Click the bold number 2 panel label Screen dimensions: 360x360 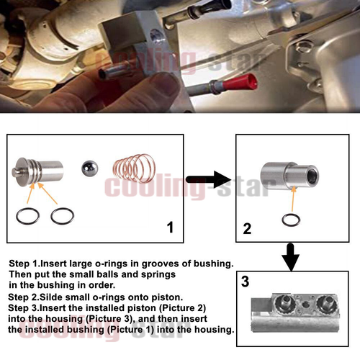[x=247, y=230]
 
